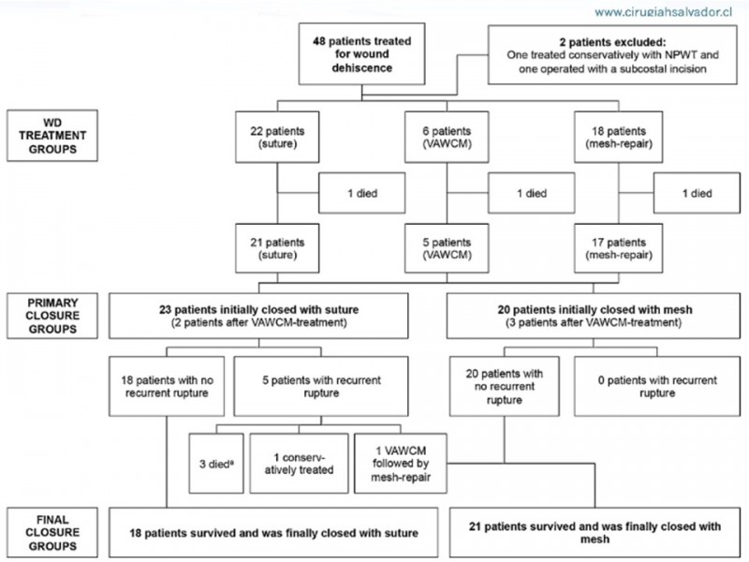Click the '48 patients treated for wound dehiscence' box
pyautogui.click(x=361, y=54)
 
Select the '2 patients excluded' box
pyautogui.click(x=612, y=55)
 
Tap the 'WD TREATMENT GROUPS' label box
pyautogui.click(x=52, y=136)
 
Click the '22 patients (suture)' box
pyautogui.click(x=277, y=137)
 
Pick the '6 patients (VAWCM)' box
pyautogui.click(x=447, y=137)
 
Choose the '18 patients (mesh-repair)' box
pyautogui.click(x=618, y=137)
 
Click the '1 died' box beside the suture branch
pyautogui.click(x=362, y=193)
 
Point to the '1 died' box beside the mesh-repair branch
pyautogui.click(x=697, y=193)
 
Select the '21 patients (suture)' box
pyautogui.click(x=277, y=248)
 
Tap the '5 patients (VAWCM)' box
pyautogui.click(x=447, y=248)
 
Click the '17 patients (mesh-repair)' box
pyautogui.click(x=618, y=248)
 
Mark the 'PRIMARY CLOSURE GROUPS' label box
pyautogui.click(x=52, y=316)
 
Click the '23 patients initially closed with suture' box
pyautogui.click(x=258, y=316)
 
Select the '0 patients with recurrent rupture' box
pyautogui.click(x=657, y=386)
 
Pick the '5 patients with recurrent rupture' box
pyautogui.click(x=321, y=386)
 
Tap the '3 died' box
pyautogui.click(x=216, y=464)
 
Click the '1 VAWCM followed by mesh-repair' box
pyautogui.click(x=401, y=464)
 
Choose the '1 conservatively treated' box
pyautogui.click(x=299, y=464)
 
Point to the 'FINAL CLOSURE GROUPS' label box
pyautogui.click(x=52, y=533)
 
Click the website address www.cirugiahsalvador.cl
pyautogui.click(x=663, y=12)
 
